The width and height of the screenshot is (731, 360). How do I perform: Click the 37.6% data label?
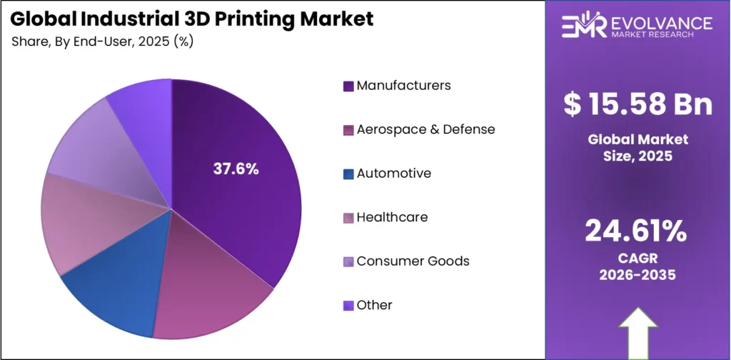(x=236, y=169)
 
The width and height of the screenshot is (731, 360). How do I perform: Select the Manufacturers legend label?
(x=403, y=86)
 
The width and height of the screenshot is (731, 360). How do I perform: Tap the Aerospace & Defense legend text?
(x=425, y=129)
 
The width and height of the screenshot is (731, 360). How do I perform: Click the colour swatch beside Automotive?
(x=348, y=174)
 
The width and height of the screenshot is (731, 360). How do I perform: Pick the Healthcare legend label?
(x=392, y=217)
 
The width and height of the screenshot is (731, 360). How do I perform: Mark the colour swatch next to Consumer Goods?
(x=348, y=261)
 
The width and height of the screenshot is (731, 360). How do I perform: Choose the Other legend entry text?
(x=374, y=305)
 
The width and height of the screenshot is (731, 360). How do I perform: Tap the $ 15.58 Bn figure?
(x=637, y=105)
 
